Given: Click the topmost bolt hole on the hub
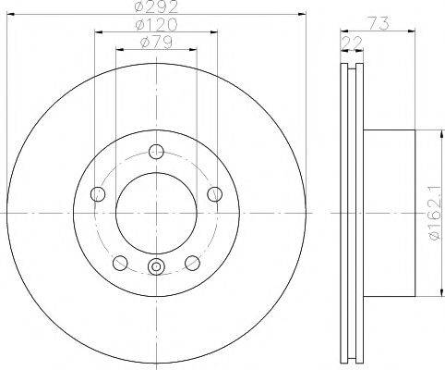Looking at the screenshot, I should click(x=155, y=153).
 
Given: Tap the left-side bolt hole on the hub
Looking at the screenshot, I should click(x=97, y=193).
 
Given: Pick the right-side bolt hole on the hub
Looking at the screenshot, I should click(x=214, y=193).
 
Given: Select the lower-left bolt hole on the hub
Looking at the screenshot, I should click(x=119, y=263).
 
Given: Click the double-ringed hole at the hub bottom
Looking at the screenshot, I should click(x=155, y=268).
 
